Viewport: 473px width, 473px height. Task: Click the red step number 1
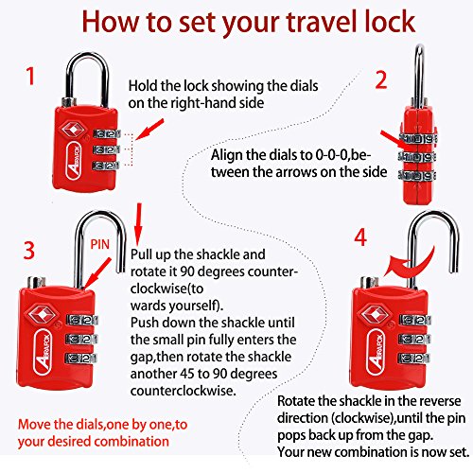tap(30, 77)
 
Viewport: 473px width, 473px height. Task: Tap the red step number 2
tap(381, 79)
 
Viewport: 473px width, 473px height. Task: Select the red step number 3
tap(29, 251)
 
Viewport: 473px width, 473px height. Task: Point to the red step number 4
tap(360, 237)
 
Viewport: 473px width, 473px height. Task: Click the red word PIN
tap(100, 244)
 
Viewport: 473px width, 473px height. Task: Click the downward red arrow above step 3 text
tap(138, 224)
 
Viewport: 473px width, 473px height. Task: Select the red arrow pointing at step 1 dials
tap(150, 130)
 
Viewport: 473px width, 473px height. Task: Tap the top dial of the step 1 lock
tap(106, 133)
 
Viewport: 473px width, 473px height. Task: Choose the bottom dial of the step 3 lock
tap(81, 359)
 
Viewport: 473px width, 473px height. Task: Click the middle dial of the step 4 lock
tap(414, 340)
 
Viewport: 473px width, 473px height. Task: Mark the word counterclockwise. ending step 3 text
tap(184, 391)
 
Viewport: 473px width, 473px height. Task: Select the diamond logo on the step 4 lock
tap(373, 315)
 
